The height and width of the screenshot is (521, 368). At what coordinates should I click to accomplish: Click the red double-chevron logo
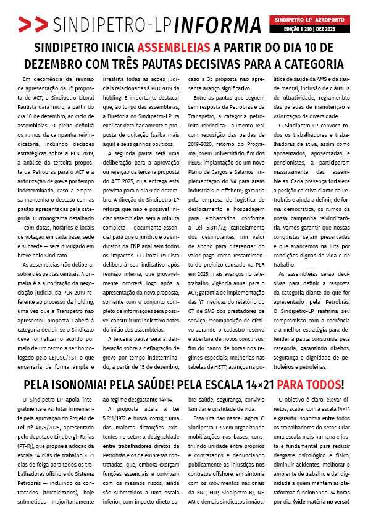[x=33, y=25]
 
